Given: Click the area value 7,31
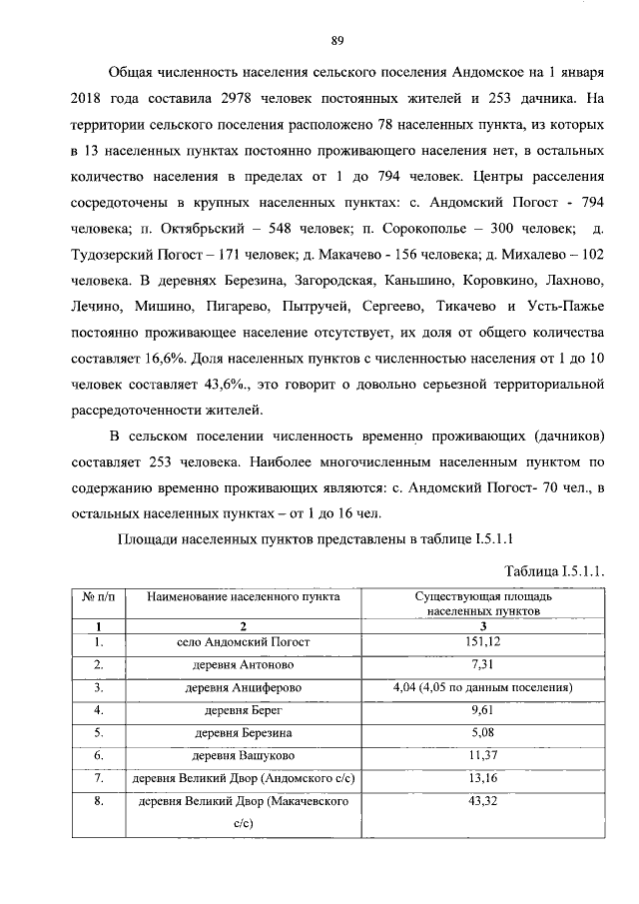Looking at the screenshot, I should point(482,665).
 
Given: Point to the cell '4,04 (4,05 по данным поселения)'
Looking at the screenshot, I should point(482,688).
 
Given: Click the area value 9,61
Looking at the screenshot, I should point(482,711).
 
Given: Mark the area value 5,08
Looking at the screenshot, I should point(482,734).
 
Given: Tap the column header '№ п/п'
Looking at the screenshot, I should point(98,596).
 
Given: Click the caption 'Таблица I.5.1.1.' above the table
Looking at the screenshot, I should point(555,570).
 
